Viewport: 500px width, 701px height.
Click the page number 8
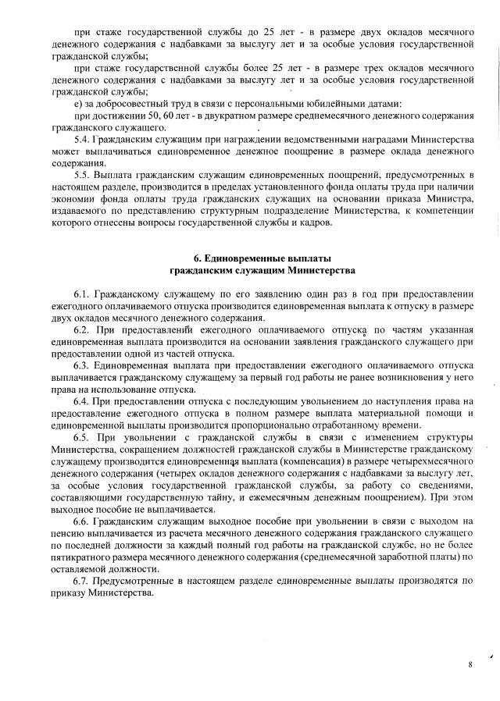click(x=470, y=664)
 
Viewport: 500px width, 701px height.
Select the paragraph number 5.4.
click(x=81, y=140)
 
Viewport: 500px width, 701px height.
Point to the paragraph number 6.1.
click(x=81, y=294)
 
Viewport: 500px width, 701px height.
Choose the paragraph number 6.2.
click(x=81, y=330)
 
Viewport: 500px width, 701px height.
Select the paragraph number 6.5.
click(x=81, y=438)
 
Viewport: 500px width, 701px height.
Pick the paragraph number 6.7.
click(x=81, y=581)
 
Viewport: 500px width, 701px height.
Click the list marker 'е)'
click(x=77, y=104)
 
